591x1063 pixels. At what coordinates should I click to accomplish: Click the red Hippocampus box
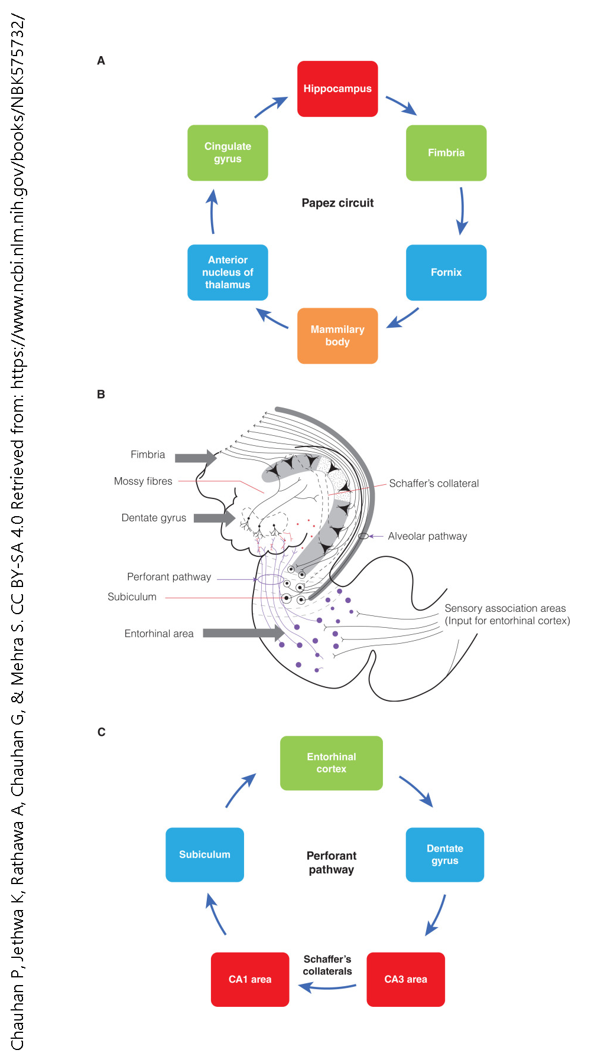337,89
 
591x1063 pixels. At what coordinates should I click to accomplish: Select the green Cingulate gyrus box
228,152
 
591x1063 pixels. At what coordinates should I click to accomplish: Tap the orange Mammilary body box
337,335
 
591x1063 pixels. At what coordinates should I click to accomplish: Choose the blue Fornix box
446,272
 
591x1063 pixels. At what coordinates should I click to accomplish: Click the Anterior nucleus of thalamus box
228,272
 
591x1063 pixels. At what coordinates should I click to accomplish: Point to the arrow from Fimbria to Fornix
462,211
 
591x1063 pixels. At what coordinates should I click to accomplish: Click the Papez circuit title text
337,203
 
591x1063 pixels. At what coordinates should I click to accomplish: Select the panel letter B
101,394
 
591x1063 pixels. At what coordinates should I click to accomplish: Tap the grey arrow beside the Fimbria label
196,458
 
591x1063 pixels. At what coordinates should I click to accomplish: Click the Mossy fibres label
143,481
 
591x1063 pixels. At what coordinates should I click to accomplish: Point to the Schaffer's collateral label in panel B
434,483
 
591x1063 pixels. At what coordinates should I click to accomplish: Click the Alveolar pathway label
427,536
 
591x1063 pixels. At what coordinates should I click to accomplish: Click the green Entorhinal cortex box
331,763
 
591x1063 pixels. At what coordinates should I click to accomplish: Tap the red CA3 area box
405,979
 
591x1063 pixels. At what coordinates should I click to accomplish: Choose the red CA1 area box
250,979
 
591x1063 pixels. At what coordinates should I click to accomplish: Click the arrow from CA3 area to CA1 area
327,987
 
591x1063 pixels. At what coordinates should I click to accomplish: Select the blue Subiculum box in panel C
204,855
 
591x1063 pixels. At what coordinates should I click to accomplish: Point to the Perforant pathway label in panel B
169,577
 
